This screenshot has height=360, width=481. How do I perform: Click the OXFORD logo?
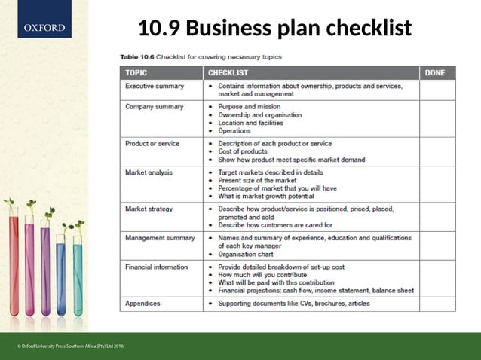pyautogui.click(x=43, y=29)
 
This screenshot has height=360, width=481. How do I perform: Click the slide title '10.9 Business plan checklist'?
pyautogui.click(x=274, y=29)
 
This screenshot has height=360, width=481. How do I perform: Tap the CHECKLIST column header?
pyautogui.click(x=228, y=73)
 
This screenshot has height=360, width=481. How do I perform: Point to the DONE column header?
pyautogui.click(x=435, y=73)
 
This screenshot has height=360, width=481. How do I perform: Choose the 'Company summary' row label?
pyautogui.click(x=154, y=107)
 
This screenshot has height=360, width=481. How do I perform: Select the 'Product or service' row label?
pyautogui.click(x=152, y=143)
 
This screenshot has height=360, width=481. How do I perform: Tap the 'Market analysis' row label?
pyautogui.click(x=149, y=172)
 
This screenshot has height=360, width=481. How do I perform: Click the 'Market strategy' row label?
pyautogui.click(x=149, y=209)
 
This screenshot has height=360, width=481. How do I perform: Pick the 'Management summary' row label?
pyautogui.click(x=159, y=238)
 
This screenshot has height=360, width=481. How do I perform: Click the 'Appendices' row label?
pyautogui.click(x=142, y=304)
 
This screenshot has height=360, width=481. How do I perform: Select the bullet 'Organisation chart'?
pyautogui.click(x=250, y=254)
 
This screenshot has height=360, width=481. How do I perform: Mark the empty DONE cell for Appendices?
pyautogui.click(x=437, y=304)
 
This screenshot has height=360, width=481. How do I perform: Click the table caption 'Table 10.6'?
pyautogui.click(x=138, y=56)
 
